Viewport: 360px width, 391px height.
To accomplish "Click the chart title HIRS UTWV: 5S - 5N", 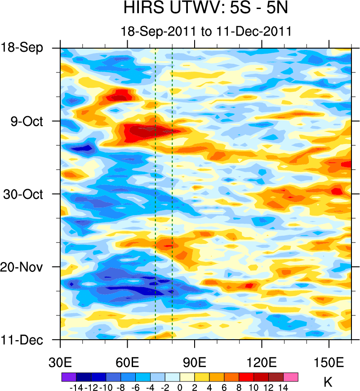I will point(206,8).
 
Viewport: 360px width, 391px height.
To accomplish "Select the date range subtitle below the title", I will point(206,31).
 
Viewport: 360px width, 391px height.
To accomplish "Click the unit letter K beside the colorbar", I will point(328,383).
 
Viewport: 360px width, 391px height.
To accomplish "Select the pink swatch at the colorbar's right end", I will point(291,377).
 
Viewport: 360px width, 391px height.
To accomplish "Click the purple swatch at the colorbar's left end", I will point(68,377).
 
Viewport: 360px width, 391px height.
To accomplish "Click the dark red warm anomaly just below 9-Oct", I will point(144,132).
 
